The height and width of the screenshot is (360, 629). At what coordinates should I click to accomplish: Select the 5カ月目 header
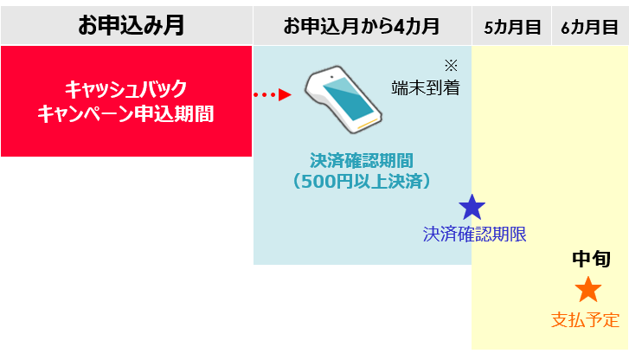tap(510, 27)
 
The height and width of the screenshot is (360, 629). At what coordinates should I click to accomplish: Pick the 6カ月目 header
tap(589, 27)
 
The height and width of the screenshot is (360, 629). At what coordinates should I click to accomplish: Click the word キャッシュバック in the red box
tap(125, 89)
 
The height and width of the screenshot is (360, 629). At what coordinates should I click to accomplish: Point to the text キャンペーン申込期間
tap(125, 113)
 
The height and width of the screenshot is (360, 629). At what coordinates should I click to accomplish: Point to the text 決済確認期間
tap(361, 161)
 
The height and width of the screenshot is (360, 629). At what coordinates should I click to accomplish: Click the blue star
tap(472, 207)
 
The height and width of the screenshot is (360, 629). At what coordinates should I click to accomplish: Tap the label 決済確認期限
tap(474, 234)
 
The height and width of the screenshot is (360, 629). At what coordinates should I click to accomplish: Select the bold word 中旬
tap(592, 259)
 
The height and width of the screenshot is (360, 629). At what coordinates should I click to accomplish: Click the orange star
tap(587, 290)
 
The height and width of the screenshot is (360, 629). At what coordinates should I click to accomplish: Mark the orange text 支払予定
tap(586, 320)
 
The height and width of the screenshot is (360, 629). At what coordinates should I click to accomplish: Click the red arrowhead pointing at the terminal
tap(286, 94)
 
